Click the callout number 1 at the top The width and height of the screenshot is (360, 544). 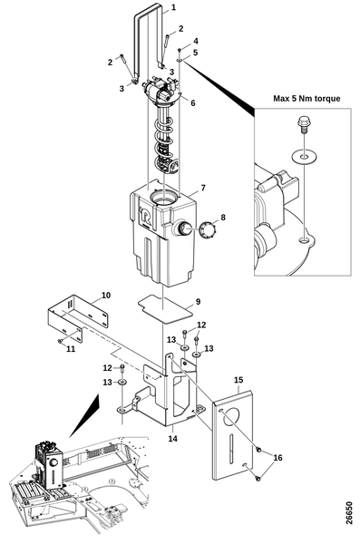pos(173,7)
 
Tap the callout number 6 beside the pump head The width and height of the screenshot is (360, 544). pos(193,103)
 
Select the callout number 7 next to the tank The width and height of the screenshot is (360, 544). pos(203,188)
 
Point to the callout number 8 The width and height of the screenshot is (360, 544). pos(223,218)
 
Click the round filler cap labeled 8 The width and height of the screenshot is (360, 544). pos(209,229)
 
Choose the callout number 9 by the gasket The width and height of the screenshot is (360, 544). pos(198,302)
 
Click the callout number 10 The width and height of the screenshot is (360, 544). pos(106,295)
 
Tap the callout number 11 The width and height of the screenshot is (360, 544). pos(71,349)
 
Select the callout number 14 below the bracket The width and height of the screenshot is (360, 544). pos(173,439)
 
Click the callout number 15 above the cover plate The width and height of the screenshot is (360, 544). pos(238,380)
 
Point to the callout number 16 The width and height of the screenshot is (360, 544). pos(278,458)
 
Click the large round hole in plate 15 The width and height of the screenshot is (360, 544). pos(231,417)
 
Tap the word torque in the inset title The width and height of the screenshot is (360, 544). pos(328,99)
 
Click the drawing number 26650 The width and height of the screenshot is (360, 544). pos(349,513)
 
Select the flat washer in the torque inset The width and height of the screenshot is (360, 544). pos(305,157)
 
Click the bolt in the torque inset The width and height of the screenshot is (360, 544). pos(303,126)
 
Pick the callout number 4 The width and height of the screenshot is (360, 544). pos(196,42)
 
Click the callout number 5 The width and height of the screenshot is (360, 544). pos(196,53)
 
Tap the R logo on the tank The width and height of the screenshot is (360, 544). pos(145,216)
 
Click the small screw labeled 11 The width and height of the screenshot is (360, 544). pos(60,341)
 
